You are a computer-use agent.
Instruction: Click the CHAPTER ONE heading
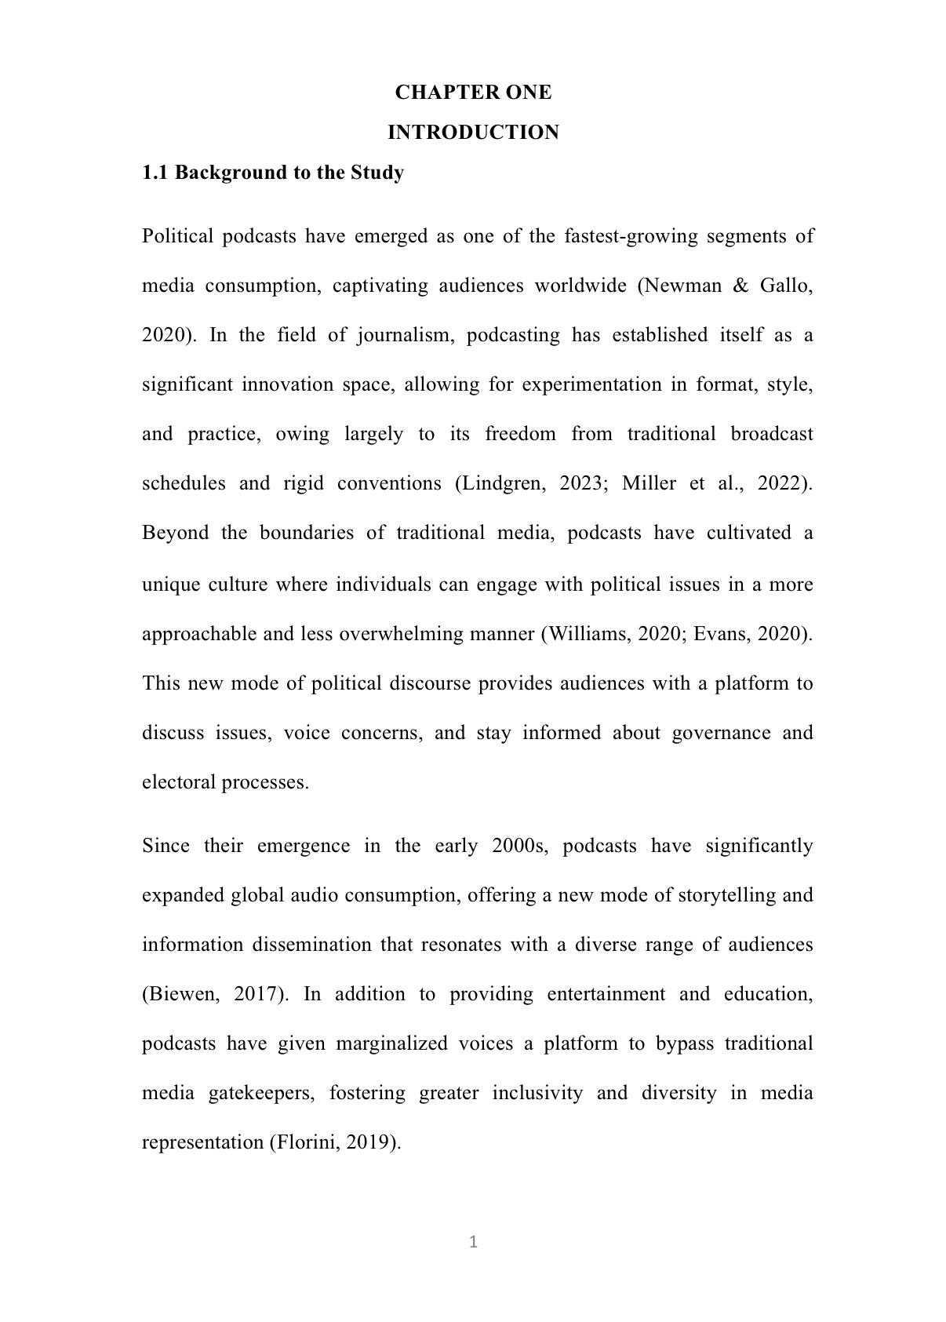[x=473, y=93]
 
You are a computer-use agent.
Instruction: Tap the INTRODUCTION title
[x=473, y=133]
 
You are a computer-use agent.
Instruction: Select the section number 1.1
[x=155, y=173]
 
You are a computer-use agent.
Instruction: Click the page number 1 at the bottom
[x=473, y=1242]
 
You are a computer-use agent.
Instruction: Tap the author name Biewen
[x=180, y=994]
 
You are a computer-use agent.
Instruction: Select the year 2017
[x=258, y=994]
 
